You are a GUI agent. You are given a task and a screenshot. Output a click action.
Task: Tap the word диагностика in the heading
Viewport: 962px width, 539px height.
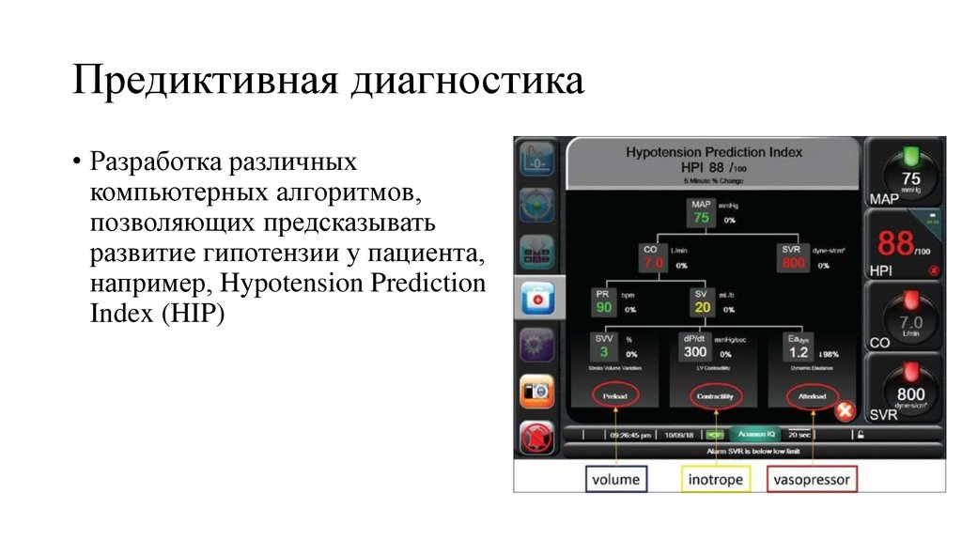coord(467,81)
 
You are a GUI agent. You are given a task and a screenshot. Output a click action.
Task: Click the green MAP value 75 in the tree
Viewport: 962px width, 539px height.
coord(701,217)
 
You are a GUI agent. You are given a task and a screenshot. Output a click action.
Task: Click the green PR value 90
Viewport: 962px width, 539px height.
coord(603,306)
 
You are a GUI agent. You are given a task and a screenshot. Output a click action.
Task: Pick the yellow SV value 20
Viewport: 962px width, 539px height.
coord(701,306)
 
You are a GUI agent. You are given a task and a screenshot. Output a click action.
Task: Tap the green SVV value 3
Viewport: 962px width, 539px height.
coord(603,352)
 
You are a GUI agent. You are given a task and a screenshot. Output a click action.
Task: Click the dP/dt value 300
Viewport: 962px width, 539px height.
coord(695,352)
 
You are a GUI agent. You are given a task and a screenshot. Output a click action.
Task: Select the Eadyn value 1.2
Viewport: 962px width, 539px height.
coord(799,352)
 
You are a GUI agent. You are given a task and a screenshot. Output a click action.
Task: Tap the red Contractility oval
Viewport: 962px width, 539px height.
coord(714,397)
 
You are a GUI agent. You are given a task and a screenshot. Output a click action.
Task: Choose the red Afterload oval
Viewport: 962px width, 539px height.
coord(811,397)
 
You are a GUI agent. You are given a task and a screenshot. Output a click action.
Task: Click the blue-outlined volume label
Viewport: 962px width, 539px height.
coord(615,479)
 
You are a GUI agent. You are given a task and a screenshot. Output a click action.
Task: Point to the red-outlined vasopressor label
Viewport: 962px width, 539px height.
coord(811,479)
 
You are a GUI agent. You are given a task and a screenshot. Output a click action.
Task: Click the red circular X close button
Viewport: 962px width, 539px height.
coord(844,410)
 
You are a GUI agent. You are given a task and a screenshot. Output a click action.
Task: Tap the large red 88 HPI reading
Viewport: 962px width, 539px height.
coord(897,245)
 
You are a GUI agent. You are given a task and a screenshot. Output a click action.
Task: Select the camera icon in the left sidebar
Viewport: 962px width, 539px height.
coord(536,391)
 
